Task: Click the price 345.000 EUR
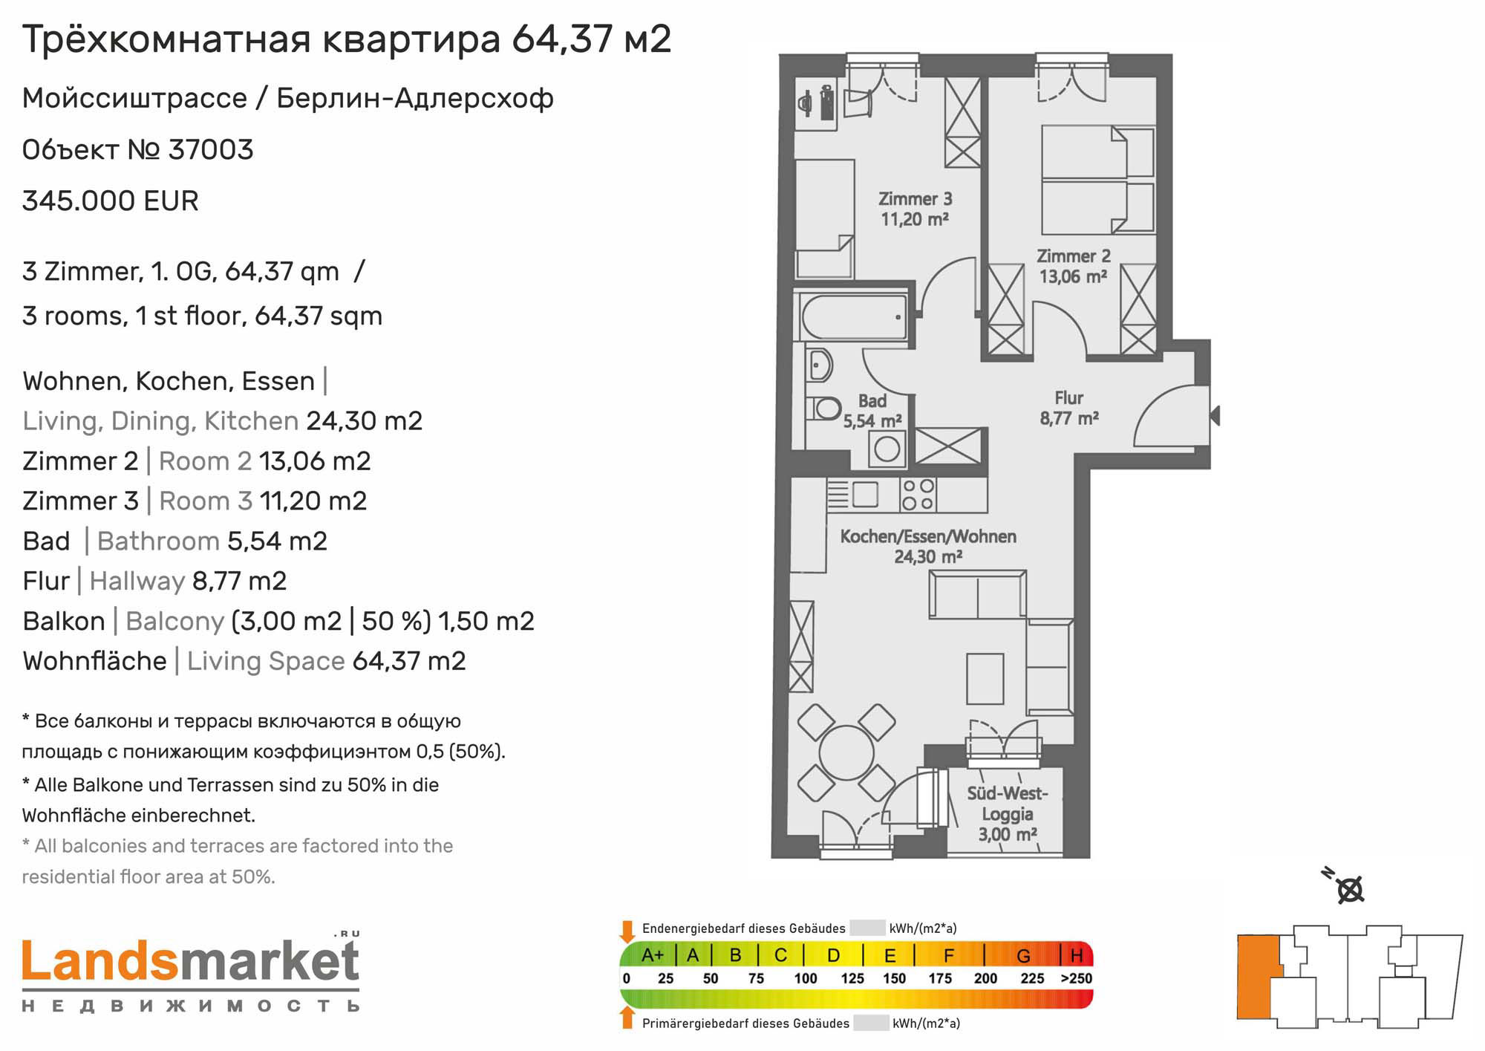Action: (111, 201)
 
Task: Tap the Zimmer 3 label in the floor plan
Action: (915, 209)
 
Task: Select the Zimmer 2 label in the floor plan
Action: (1074, 266)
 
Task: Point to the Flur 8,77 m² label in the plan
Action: (1069, 408)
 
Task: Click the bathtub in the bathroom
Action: (854, 317)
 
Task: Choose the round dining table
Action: (846, 752)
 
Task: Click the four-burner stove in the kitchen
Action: (918, 495)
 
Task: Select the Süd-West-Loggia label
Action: (1008, 813)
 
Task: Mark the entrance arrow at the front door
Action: (1215, 415)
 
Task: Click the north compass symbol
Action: (1345, 886)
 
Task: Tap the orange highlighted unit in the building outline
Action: (1258, 976)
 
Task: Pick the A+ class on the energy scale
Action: (653, 955)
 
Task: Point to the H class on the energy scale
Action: (1077, 955)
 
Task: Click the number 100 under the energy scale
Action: (806, 978)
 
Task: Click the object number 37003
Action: (211, 149)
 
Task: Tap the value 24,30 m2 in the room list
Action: (365, 421)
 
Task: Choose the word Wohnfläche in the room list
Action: (95, 661)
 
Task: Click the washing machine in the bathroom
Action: (887, 448)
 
